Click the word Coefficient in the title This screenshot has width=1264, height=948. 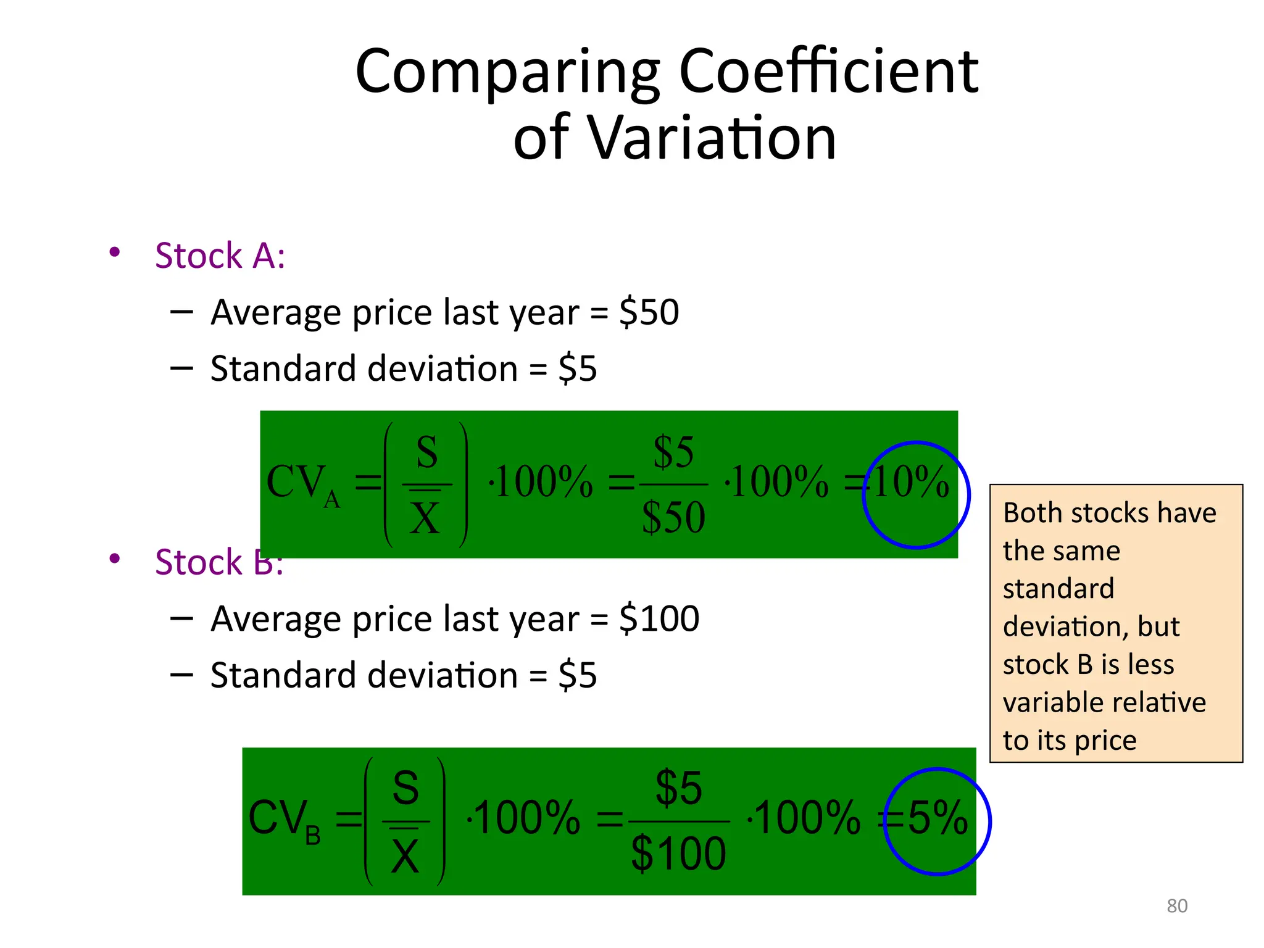tap(828, 72)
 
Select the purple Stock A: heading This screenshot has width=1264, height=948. tap(220, 256)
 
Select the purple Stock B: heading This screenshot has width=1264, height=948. tap(218, 562)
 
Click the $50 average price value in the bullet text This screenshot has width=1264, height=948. tap(649, 312)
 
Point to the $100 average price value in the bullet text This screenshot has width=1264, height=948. tap(659, 618)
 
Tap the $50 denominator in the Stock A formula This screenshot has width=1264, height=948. tap(673, 517)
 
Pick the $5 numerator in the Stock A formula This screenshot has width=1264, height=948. tap(673, 452)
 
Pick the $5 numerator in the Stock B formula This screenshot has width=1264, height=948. tap(678, 788)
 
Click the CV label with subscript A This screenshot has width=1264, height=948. tap(301, 484)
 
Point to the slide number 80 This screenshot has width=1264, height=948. tap(1176, 905)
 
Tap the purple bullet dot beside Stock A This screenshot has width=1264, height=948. tap(114, 252)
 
